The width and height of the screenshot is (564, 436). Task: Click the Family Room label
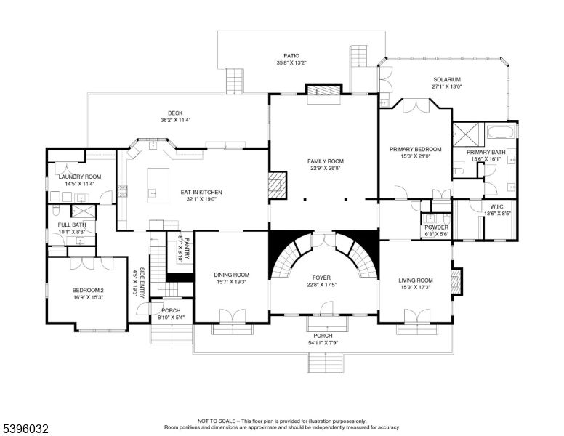[x=324, y=161]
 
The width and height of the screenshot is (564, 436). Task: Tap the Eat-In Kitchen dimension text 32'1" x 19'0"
[x=201, y=198]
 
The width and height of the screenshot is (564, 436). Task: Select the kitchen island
[x=158, y=185]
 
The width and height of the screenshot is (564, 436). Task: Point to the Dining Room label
[x=232, y=275]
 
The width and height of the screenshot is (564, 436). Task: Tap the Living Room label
[x=415, y=280]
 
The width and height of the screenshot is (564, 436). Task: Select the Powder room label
[x=437, y=227]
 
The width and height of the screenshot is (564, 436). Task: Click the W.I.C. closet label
[x=498, y=207]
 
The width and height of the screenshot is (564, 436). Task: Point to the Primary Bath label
[x=485, y=152]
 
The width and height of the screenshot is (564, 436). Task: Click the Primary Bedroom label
[x=415, y=149]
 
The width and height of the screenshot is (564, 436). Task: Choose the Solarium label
[x=447, y=80]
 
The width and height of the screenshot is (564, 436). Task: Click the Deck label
[x=175, y=113]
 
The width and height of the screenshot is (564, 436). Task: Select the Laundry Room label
[x=79, y=177]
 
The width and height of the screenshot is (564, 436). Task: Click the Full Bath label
[x=70, y=225]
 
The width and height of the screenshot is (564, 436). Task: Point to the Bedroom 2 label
[x=87, y=291]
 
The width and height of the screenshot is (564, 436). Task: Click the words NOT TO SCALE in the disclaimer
[x=217, y=421]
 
